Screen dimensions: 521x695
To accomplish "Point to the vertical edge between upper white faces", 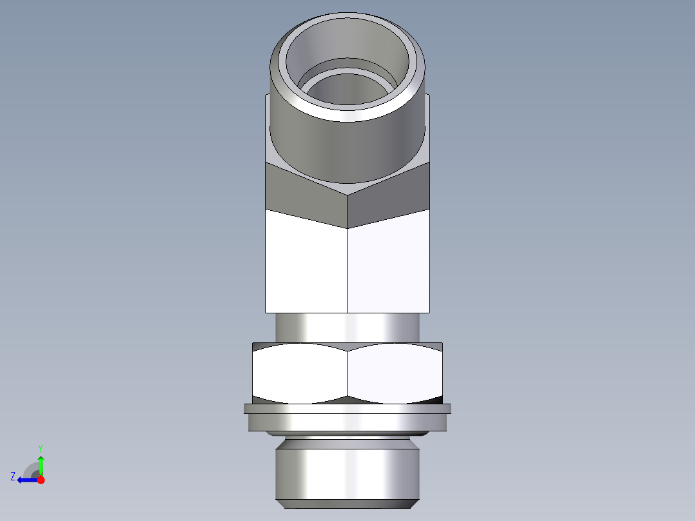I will coord(347,271).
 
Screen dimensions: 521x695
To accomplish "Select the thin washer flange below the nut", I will coord(347,408).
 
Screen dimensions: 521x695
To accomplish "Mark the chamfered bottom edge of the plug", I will coord(347,503).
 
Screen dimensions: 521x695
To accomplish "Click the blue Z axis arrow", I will coord(26,480).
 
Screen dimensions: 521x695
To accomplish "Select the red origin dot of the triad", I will coord(41,480).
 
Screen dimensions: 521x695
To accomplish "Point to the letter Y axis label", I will coord(41,447).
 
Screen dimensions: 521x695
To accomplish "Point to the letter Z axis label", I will coord(13,477).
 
